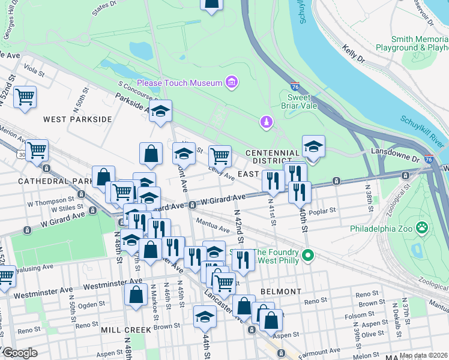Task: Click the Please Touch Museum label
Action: [179, 83]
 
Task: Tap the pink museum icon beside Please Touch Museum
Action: [231, 82]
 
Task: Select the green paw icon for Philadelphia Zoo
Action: [423, 228]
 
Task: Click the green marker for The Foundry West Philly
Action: [308, 256]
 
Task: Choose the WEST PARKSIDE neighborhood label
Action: [77, 119]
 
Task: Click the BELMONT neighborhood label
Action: [281, 292]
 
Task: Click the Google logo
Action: [20, 353]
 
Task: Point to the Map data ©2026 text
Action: [423, 355]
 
